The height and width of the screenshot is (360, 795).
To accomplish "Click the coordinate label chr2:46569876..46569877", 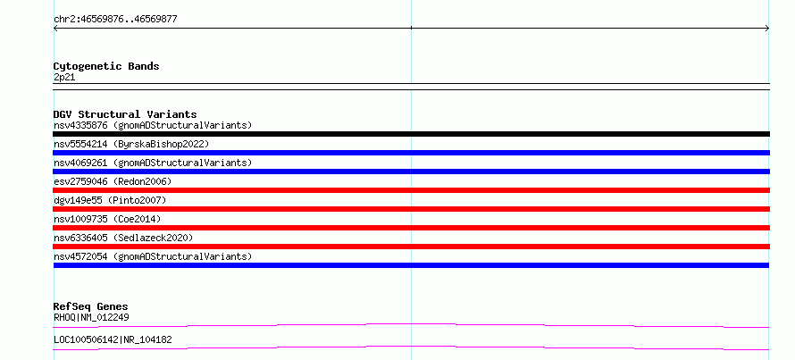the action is click(x=115, y=20).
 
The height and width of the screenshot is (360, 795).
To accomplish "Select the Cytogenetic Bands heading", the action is click(x=106, y=66).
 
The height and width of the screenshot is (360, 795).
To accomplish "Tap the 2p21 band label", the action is click(x=64, y=77).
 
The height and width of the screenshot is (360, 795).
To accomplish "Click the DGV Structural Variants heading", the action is click(x=125, y=114).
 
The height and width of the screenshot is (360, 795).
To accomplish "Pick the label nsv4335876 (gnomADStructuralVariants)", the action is click(x=153, y=125).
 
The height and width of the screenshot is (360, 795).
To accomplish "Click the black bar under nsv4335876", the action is click(x=411, y=134).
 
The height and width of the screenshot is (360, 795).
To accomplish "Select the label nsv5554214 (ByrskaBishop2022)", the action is click(x=131, y=144).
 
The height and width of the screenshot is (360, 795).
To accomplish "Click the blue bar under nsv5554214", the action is click(x=411, y=153).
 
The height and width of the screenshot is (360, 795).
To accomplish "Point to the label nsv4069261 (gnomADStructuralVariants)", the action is click(x=153, y=163).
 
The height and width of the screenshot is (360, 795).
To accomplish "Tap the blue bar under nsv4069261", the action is click(x=411, y=172).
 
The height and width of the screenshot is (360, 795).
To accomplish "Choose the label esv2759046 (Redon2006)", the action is click(x=113, y=181).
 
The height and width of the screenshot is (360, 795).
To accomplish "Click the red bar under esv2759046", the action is click(x=411, y=190).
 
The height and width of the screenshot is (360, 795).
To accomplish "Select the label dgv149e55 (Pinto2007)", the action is click(x=110, y=200).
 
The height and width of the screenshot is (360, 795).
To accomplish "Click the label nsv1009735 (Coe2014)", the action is click(x=107, y=219).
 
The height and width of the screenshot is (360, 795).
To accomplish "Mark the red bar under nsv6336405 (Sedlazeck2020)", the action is click(x=411, y=247).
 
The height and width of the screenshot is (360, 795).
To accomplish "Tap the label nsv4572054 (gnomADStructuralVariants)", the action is click(x=153, y=256).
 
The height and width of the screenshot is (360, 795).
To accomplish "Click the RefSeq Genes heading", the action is click(x=91, y=306).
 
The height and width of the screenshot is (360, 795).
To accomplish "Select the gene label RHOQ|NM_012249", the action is click(x=91, y=317).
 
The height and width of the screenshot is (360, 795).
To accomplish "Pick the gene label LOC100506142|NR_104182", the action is click(x=113, y=339).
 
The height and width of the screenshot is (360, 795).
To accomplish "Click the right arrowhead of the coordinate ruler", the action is click(x=767, y=29).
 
